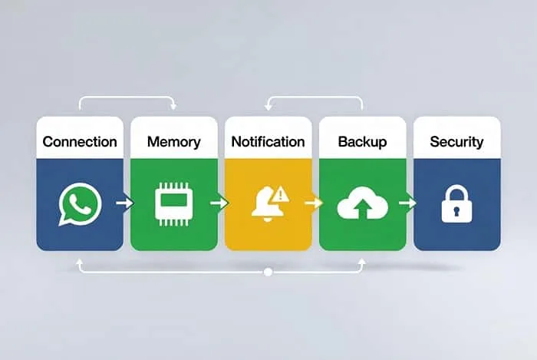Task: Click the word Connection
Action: [80, 142]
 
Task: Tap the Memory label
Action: [174, 142]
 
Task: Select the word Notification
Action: [268, 142]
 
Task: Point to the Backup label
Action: [362, 142]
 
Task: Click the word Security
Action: [457, 142]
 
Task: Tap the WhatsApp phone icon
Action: [80, 204]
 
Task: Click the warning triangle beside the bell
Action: [281, 194]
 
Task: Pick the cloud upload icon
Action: [363, 203]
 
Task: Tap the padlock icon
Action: [457, 204]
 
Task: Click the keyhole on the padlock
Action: [457, 210]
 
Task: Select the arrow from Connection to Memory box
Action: [125, 203]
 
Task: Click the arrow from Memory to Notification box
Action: [219, 203]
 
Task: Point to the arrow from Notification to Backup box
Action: [314, 203]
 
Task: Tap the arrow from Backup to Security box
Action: [408, 203]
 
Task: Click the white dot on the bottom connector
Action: [268, 272]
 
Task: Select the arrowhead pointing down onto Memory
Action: [173, 107]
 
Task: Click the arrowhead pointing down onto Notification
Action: [268, 107]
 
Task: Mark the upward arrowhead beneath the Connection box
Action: [80, 262]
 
